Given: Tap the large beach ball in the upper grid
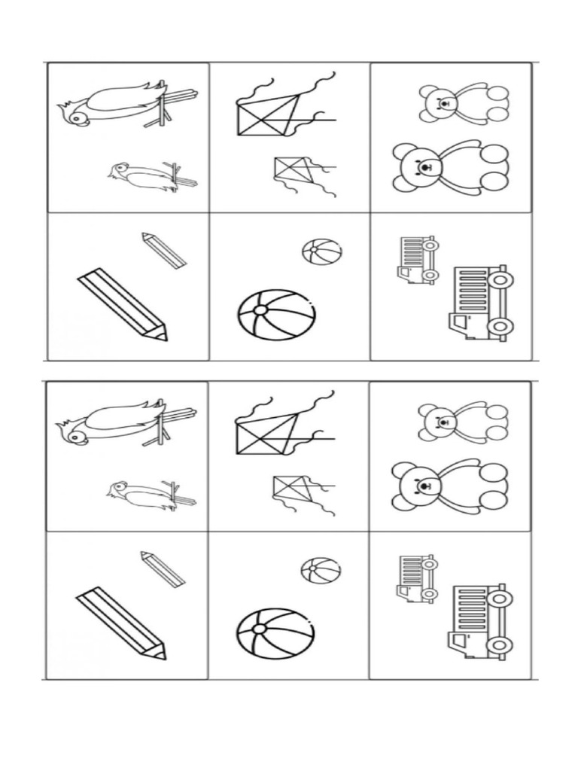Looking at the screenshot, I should click(276, 315).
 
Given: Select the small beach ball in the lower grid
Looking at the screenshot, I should click(321, 570).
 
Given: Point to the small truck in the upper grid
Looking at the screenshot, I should click(417, 260).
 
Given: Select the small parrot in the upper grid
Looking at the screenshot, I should click(149, 175).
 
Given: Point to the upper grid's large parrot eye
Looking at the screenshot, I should click(74, 117).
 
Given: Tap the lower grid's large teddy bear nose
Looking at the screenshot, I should click(426, 485).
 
